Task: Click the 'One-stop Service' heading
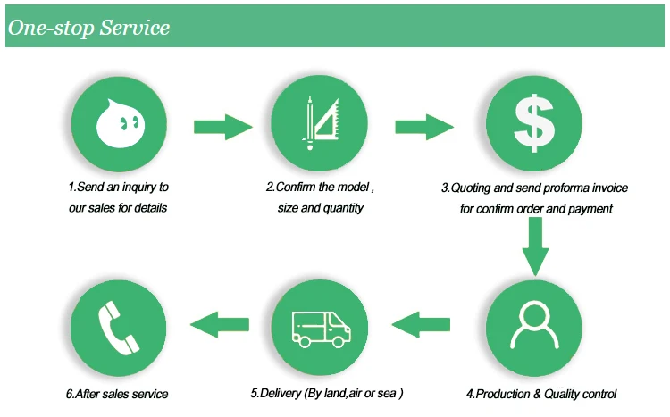[88, 28]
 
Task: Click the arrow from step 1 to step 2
[223, 126]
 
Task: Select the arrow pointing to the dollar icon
[424, 126]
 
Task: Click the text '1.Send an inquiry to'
[118, 188]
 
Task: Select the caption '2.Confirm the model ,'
[319, 188]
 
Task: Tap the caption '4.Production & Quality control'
[541, 394]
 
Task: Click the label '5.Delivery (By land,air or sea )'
[327, 393]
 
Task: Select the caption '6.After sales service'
[117, 394]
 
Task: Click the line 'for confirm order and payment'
[536, 209]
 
